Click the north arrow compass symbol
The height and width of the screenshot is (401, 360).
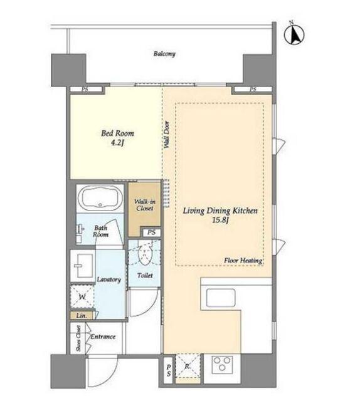click(294, 34)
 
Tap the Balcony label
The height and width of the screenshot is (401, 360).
click(164, 54)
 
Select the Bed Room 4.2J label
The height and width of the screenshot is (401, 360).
click(117, 138)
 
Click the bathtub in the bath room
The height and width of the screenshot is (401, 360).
click(100, 197)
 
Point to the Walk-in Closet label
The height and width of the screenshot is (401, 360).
click(145, 205)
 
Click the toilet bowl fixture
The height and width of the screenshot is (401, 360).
click(145, 252)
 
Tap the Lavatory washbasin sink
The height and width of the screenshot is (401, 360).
click(82, 266)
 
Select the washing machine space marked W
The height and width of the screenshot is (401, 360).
click(82, 296)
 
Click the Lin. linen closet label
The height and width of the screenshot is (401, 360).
click(82, 316)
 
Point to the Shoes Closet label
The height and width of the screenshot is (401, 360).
click(78, 338)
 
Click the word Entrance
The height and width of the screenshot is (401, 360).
click(103, 336)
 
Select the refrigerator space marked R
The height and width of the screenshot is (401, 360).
click(188, 366)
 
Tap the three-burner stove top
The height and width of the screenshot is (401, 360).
click(222, 364)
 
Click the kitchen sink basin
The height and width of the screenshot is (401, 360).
click(221, 298)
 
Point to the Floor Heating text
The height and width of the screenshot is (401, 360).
click(243, 261)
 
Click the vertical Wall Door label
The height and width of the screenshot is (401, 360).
click(167, 135)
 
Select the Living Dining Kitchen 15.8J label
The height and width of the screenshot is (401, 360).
click(220, 216)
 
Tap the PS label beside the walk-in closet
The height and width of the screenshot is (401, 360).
click(151, 232)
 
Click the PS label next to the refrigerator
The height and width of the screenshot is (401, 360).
click(169, 370)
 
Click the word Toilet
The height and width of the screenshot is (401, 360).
click(145, 276)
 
